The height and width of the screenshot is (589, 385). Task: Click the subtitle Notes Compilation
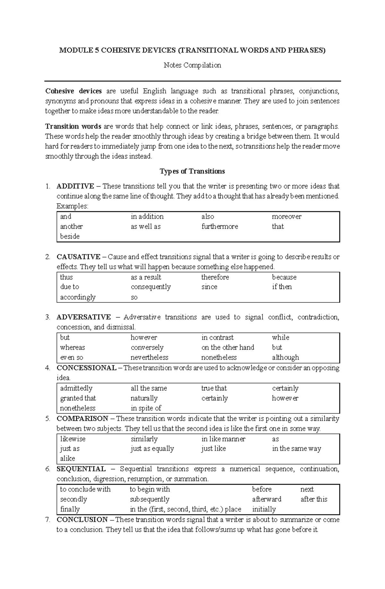(192, 65)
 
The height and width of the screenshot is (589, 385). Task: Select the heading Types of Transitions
(192, 171)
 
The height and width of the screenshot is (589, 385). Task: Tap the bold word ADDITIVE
(75, 186)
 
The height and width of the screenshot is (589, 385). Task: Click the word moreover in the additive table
(287, 217)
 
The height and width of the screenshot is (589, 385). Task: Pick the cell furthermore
(220, 227)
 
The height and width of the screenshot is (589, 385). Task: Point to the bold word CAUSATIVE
(78, 257)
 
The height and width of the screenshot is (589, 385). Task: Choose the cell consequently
(150, 287)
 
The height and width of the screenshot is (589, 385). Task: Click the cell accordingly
(78, 297)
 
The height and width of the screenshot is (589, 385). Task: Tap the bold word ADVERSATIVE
(83, 317)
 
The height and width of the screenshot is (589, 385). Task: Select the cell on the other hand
(227, 348)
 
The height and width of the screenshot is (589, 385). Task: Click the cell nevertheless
(149, 358)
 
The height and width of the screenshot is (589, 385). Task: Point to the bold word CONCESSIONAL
(86, 368)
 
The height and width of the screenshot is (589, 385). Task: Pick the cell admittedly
(76, 388)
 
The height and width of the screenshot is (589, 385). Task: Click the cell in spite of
(146, 408)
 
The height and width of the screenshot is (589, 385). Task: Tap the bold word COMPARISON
(82, 419)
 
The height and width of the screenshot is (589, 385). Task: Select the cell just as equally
(152, 449)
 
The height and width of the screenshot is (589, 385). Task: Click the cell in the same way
(296, 449)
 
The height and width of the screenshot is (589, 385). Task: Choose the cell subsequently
(149, 499)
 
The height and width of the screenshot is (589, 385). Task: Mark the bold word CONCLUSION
(82, 520)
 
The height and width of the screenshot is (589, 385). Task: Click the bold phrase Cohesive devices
(73, 91)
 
